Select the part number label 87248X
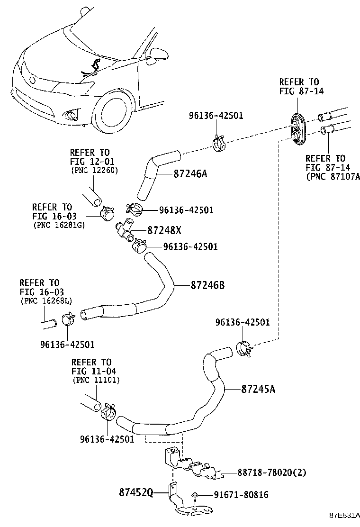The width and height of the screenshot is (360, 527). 164,230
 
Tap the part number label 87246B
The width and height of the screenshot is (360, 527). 207,285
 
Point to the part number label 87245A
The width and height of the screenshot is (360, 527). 258,390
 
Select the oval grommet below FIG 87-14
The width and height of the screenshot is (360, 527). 297,128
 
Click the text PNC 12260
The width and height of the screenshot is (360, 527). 94,170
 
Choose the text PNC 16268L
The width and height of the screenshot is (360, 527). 46,300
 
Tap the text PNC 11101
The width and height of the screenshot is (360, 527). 96,380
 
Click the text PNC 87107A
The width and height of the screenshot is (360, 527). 333,177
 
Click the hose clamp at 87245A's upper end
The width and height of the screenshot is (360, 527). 243,349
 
